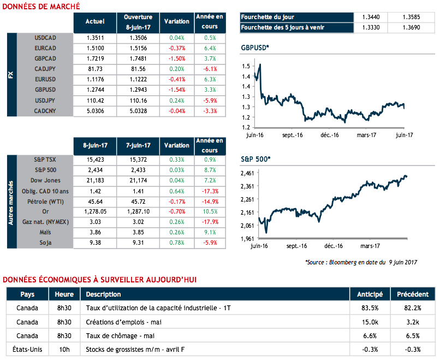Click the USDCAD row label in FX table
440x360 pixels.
pos(45,38)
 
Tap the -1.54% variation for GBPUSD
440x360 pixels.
pos(177,90)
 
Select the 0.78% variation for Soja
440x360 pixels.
pos(177,243)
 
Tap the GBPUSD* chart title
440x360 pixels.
pos(255,48)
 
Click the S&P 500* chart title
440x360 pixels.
pos(255,159)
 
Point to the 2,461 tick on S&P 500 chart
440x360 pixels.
pos(248,173)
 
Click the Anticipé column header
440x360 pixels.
pos(370,294)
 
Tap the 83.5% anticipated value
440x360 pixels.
pos(370,308)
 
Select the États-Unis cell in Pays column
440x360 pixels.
pos(27,349)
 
